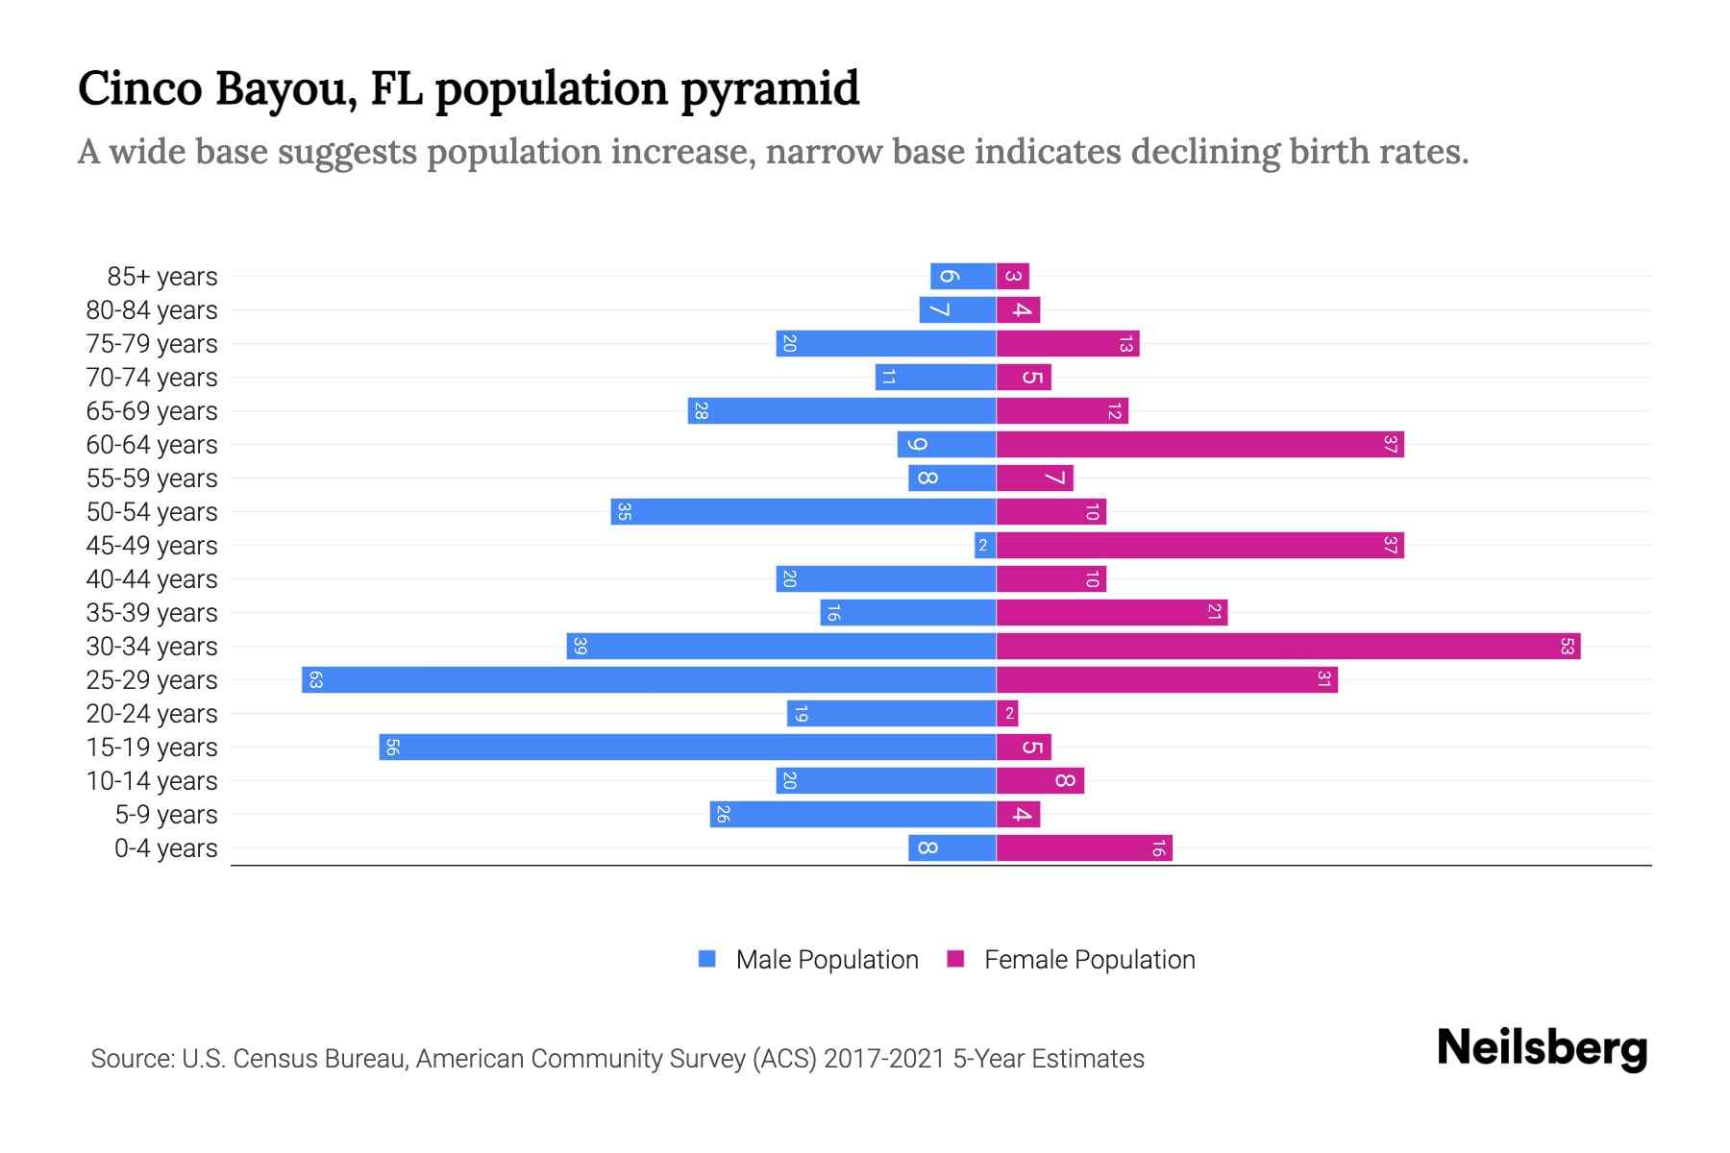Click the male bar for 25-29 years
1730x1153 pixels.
[x=649, y=680]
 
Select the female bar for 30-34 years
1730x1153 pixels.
[x=1288, y=647]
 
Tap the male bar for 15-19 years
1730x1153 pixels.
[x=687, y=748]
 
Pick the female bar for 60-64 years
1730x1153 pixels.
[x=1199, y=445]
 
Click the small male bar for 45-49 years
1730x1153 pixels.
[x=984, y=546]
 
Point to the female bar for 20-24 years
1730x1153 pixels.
[x=1007, y=714]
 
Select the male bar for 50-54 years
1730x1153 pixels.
[x=803, y=512]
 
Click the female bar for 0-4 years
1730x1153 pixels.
[x=1084, y=848]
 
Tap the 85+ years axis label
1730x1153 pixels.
[x=162, y=277]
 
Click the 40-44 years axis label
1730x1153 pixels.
[x=152, y=579]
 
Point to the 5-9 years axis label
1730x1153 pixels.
[x=166, y=815]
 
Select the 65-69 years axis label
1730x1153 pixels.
[x=152, y=411]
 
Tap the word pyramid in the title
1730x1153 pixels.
[x=770, y=89]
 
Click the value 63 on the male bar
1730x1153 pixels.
[x=315, y=680]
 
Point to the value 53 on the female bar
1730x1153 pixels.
[x=1567, y=647]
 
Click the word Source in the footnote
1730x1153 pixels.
[x=132, y=1059]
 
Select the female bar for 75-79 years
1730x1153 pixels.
[x=1067, y=344]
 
